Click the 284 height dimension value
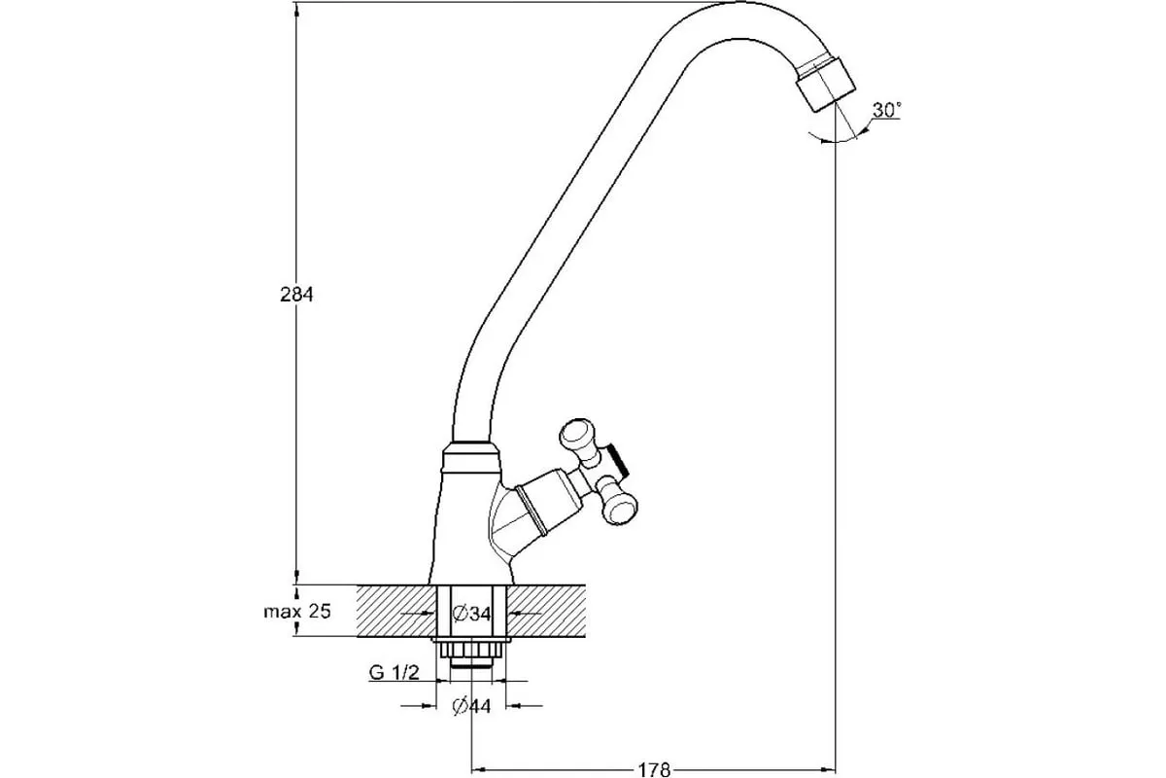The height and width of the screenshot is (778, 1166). point(296,295)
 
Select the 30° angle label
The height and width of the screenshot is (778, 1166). point(885,110)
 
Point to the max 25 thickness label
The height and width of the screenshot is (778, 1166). point(297,612)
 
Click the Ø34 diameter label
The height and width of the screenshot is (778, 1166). point(472,613)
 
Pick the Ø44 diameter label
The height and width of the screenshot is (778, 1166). point(472,706)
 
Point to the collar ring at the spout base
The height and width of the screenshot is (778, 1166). point(472,451)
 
